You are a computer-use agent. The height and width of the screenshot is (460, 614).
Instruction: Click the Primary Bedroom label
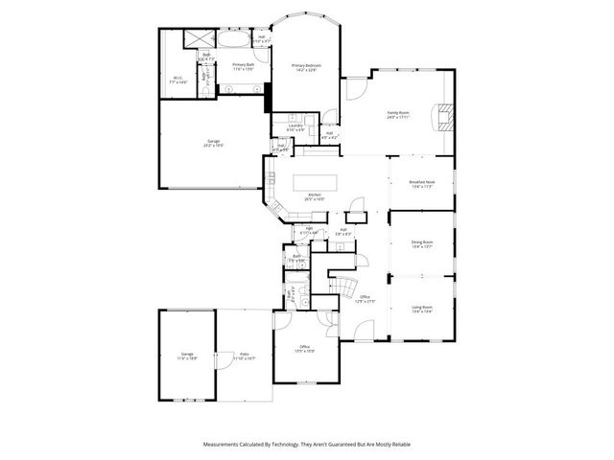pos(306,67)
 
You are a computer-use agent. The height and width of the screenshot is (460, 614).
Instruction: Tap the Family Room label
pos(397,115)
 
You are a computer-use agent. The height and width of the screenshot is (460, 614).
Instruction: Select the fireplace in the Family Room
pos(442,117)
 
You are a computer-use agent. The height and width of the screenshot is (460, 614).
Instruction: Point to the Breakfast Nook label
pos(422,184)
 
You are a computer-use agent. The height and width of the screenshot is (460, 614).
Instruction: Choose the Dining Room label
pos(422,244)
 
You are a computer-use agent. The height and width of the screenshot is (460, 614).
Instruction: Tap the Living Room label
pos(422,310)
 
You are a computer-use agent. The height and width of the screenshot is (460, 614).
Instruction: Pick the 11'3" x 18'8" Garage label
pos(186,356)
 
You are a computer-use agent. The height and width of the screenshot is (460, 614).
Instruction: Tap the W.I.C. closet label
pos(178,80)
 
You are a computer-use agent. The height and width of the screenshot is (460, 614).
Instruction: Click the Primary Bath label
pos(244,67)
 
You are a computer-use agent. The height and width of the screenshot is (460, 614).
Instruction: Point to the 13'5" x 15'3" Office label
pos(304,348)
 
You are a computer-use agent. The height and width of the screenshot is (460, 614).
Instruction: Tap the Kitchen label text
pos(315,198)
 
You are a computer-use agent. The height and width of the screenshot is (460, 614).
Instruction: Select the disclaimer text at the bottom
pos(306,445)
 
